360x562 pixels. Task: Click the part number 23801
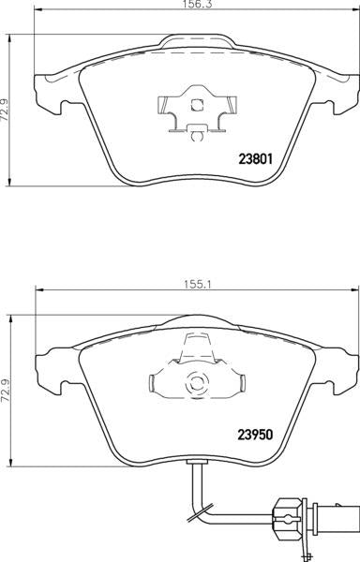pos(256,159)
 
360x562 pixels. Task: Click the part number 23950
pos(256,435)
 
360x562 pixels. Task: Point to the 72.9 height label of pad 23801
pos(5,111)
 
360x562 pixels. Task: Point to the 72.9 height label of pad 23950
pos(5,391)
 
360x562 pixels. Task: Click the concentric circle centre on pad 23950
pos(197,384)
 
